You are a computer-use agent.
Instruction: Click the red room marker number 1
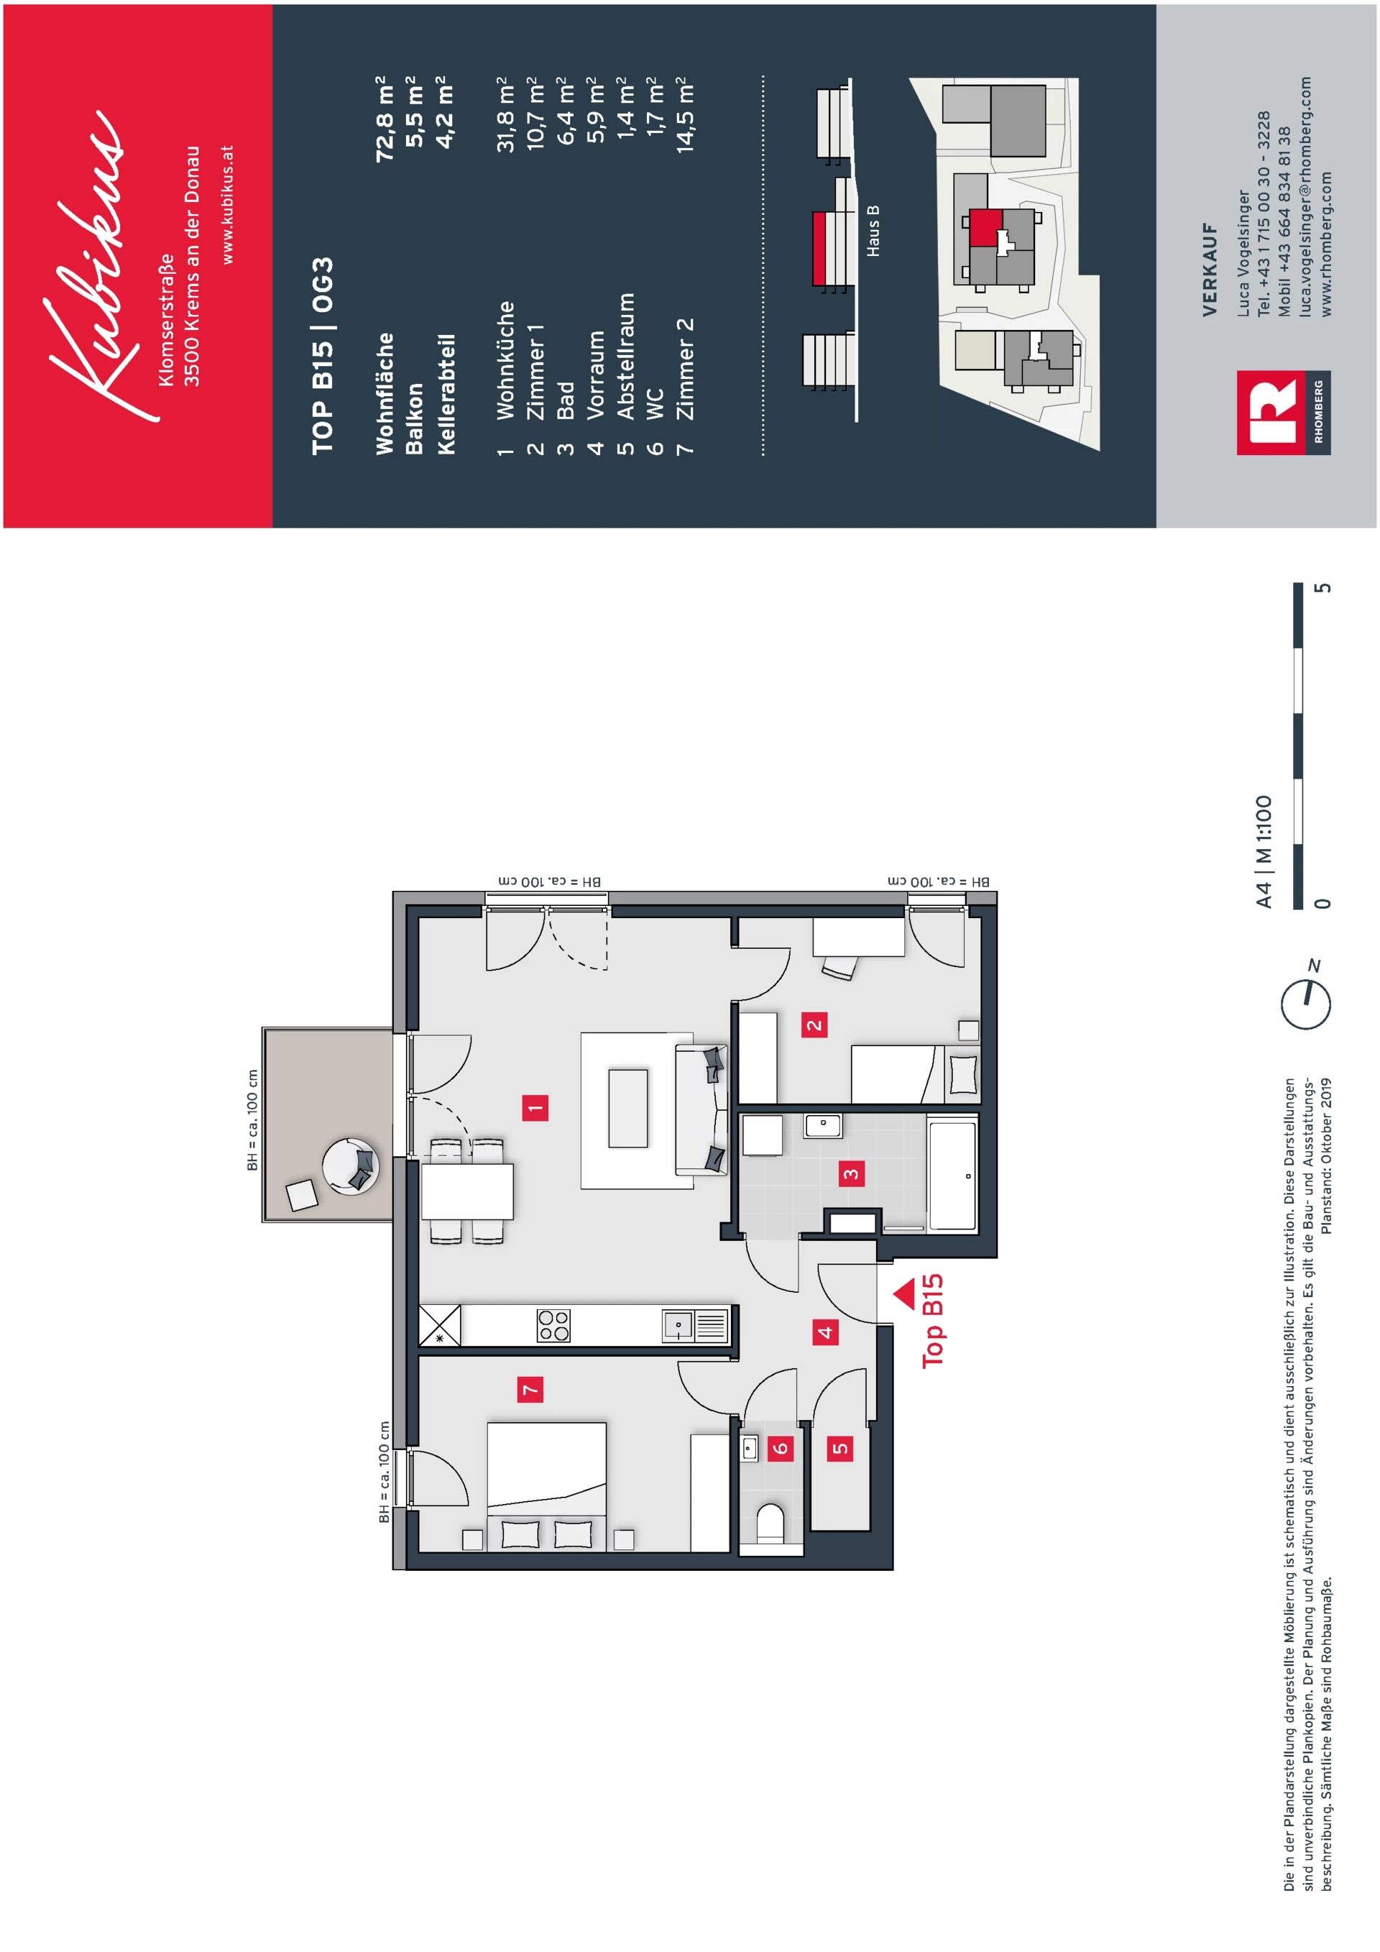click(x=535, y=1108)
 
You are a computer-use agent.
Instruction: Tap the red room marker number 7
click(x=530, y=1390)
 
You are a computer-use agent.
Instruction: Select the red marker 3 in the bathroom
click(x=850, y=1174)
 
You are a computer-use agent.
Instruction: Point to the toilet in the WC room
click(x=770, y=1523)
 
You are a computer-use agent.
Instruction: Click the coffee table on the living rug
click(x=628, y=1108)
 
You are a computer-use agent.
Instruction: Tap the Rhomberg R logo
click(x=1269, y=413)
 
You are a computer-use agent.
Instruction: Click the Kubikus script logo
click(x=93, y=264)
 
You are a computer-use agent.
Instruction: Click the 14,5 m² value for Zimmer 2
click(x=685, y=115)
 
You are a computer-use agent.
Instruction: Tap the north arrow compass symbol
click(x=1306, y=1003)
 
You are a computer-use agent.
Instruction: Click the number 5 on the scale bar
click(x=1322, y=588)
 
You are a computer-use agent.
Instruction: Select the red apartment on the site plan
click(x=985, y=227)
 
